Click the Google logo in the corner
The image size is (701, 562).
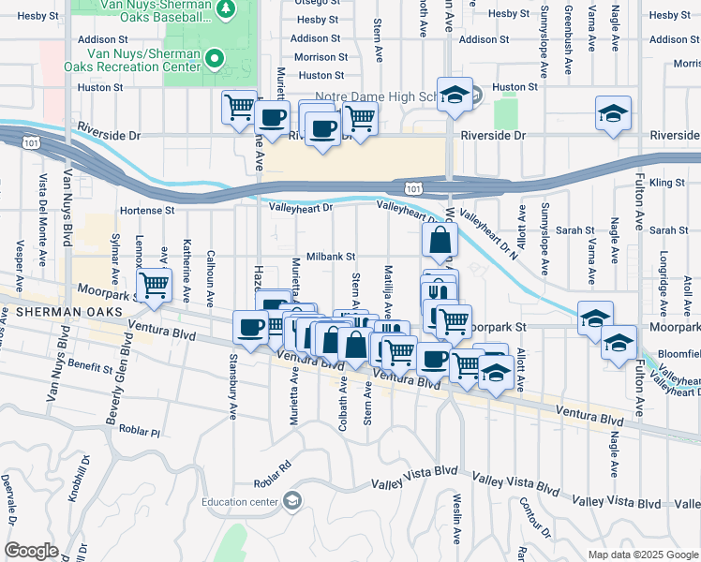pyautogui.click(x=32, y=551)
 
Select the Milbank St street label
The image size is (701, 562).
pyautogui.click(x=330, y=256)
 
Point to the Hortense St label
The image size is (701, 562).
pyautogui.click(x=147, y=211)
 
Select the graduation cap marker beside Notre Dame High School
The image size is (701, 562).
pyautogui.click(x=455, y=95)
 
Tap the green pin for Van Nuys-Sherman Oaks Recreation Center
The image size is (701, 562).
pyautogui.click(x=215, y=58)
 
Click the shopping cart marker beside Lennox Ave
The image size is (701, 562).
pyautogui.click(x=154, y=284)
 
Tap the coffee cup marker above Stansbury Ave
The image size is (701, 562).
pyautogui.click(x=250, y=327)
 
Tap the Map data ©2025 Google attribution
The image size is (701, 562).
pyautogui.click(x=642, y=555)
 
